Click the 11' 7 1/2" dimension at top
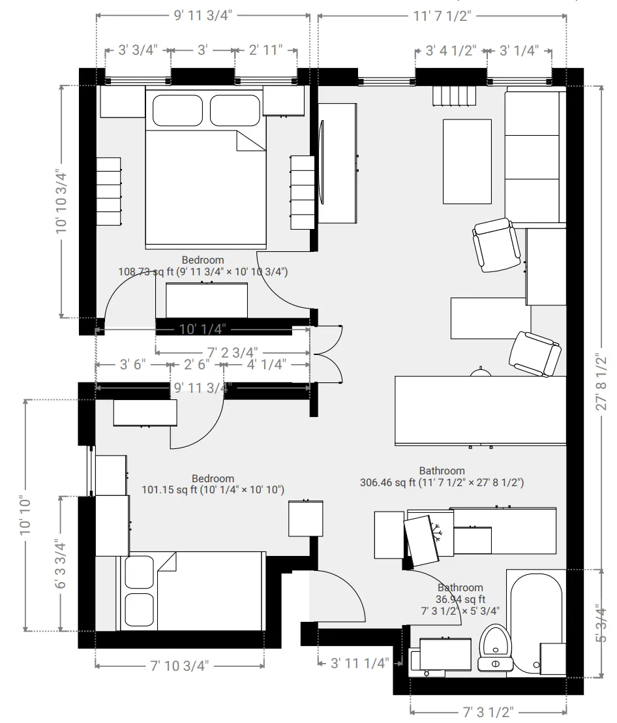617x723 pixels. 442,16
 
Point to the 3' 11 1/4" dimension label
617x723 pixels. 360,663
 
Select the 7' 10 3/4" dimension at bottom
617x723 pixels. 179,666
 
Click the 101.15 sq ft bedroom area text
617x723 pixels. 213,489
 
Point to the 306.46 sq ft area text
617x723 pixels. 442,483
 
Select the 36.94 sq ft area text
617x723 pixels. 460,599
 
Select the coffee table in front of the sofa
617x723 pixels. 467,161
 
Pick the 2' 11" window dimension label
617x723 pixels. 266,50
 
